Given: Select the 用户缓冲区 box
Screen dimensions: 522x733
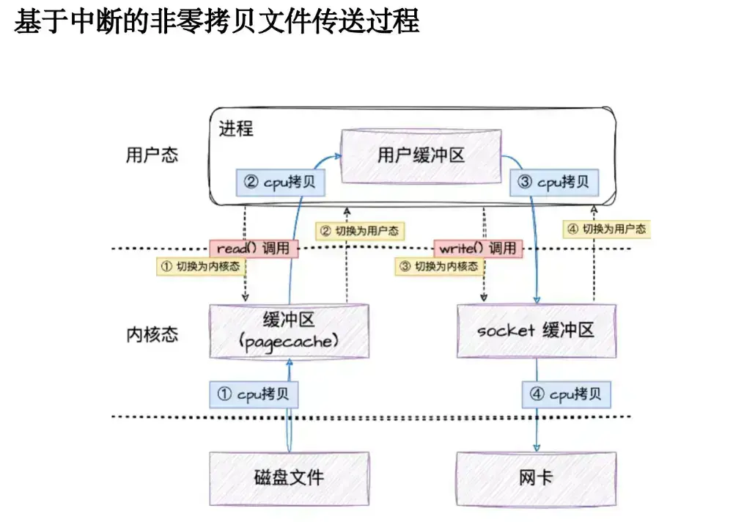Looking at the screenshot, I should point(421,155).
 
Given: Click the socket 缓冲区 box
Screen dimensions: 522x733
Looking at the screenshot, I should point(536,331).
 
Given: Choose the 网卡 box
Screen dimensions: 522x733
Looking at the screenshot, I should point(536,479).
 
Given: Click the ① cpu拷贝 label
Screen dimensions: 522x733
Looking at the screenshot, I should point(254,394).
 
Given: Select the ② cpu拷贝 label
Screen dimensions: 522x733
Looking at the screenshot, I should point(280,183).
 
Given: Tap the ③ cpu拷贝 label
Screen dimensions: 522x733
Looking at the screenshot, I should point(553,183).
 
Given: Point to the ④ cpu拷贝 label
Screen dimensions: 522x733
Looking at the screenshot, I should point(566,394).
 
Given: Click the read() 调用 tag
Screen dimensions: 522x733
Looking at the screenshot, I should point(254,249).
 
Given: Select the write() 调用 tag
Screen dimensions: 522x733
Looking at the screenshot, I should point(477,249).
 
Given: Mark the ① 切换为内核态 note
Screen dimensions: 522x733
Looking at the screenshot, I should point(200,266).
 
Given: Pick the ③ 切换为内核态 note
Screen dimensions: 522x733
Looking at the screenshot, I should point(438,266).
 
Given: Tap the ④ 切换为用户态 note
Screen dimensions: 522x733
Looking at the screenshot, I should point(607,229).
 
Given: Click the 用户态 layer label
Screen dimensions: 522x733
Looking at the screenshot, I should point(152,155).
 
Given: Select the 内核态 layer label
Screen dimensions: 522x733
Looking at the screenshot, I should point(152,335).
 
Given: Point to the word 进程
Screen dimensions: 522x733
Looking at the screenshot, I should point(236,129).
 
